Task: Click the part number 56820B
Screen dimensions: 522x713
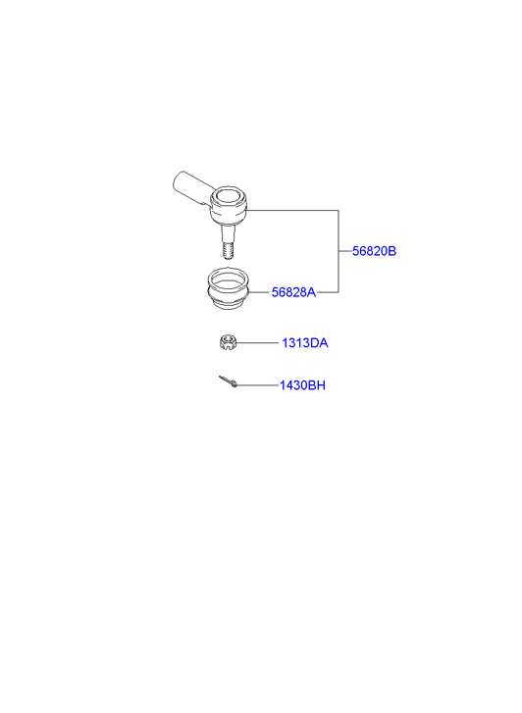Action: (x=374, y=251)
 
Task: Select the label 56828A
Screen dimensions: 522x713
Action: (x=293, y=292)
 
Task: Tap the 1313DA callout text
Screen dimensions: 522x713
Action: (x=304, y=343)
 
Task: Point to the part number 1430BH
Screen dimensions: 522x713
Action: (x=302, y=385)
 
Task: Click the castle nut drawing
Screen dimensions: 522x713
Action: (x=227, y=342)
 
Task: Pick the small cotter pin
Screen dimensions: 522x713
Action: (x=228, y=382)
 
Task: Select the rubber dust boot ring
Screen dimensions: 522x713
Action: (x=228, y=289)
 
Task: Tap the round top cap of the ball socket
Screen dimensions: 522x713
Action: (x=229, y=197)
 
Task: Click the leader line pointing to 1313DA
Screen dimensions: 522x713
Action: (x=257, y=342)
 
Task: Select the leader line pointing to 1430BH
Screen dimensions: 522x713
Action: (x=258, y=385)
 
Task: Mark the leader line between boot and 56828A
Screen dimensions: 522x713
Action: (x=259, y=292)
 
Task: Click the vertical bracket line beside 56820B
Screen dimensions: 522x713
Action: (x=339, y=251)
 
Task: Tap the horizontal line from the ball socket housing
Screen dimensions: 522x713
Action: (x=292, y=210)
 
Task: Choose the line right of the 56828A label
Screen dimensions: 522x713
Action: (x=328, y=292)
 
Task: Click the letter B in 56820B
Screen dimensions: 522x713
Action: (x=392, y=251)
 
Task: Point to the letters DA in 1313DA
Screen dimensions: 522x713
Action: (x=320, y=343)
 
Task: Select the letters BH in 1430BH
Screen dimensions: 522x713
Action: (x=317, y=385)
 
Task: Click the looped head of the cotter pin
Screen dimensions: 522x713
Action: (x=235, y=385)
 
